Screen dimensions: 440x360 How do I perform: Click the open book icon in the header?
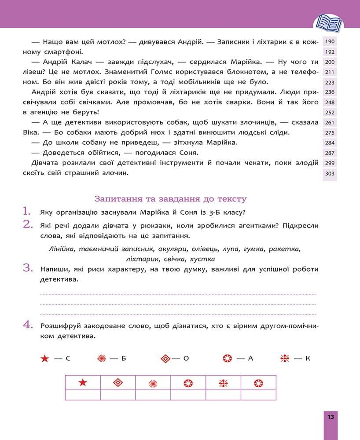point(330,22)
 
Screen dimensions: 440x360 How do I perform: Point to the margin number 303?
point(330,174)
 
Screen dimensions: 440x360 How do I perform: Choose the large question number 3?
point(28,268)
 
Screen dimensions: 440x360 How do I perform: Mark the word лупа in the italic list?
point(232,249)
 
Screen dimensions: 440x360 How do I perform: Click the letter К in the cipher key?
point(308,359)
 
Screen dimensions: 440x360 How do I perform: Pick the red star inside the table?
point(83,383)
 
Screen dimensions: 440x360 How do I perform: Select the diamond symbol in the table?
point(118,383)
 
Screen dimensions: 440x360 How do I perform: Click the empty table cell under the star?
point(83,395)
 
